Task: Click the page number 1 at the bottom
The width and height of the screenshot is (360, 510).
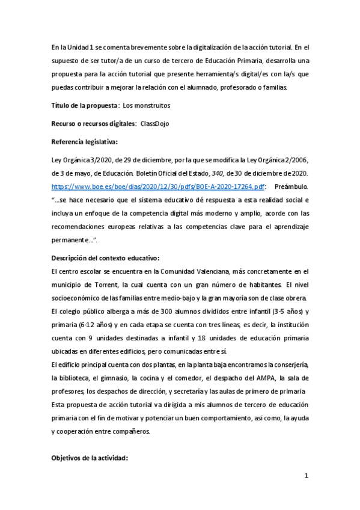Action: click(x=306, y=476)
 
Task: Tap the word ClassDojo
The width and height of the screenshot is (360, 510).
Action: click(x=156, y=123)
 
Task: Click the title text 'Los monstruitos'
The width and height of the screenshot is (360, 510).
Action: click(x=146, y=105)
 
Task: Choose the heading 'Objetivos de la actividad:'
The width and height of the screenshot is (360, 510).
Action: click(x=90, y=458)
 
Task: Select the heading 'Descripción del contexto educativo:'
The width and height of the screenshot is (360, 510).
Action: click(x=105, y=258)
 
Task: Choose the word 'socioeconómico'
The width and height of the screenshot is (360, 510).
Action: click(x=75, y=298)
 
